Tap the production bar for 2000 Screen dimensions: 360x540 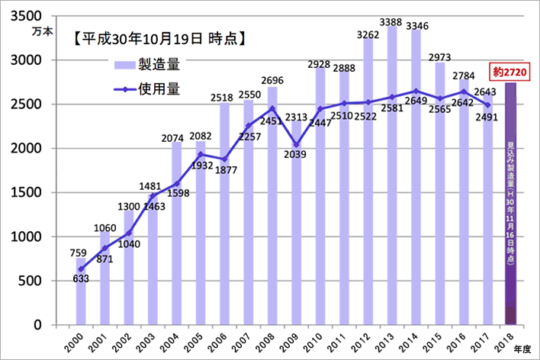click(x=81, y=294)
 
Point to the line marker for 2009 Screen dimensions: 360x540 click(x=296, y=145)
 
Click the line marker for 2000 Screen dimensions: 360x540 click(x=81, y=269)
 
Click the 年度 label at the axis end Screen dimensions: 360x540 click(x=521, y=348)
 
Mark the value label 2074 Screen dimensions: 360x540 click(x=176, y=137)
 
